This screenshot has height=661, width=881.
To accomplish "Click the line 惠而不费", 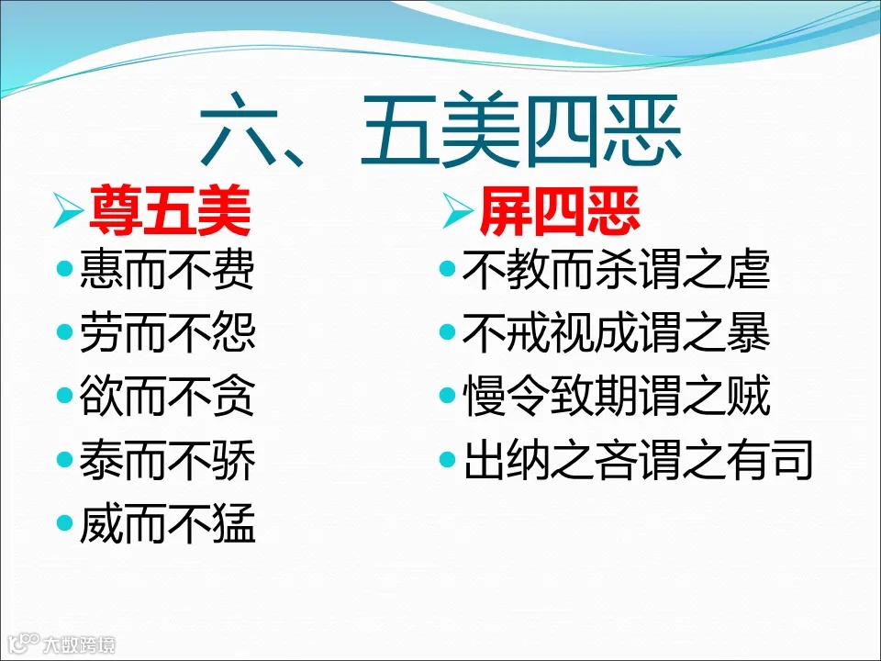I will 167,272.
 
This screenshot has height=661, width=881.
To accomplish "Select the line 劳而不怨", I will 167,335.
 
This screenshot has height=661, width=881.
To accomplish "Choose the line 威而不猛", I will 167,526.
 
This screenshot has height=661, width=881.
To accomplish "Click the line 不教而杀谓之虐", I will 616,272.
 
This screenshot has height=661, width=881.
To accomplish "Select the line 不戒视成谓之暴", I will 616,335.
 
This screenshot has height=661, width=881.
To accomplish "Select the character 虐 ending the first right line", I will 749,272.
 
